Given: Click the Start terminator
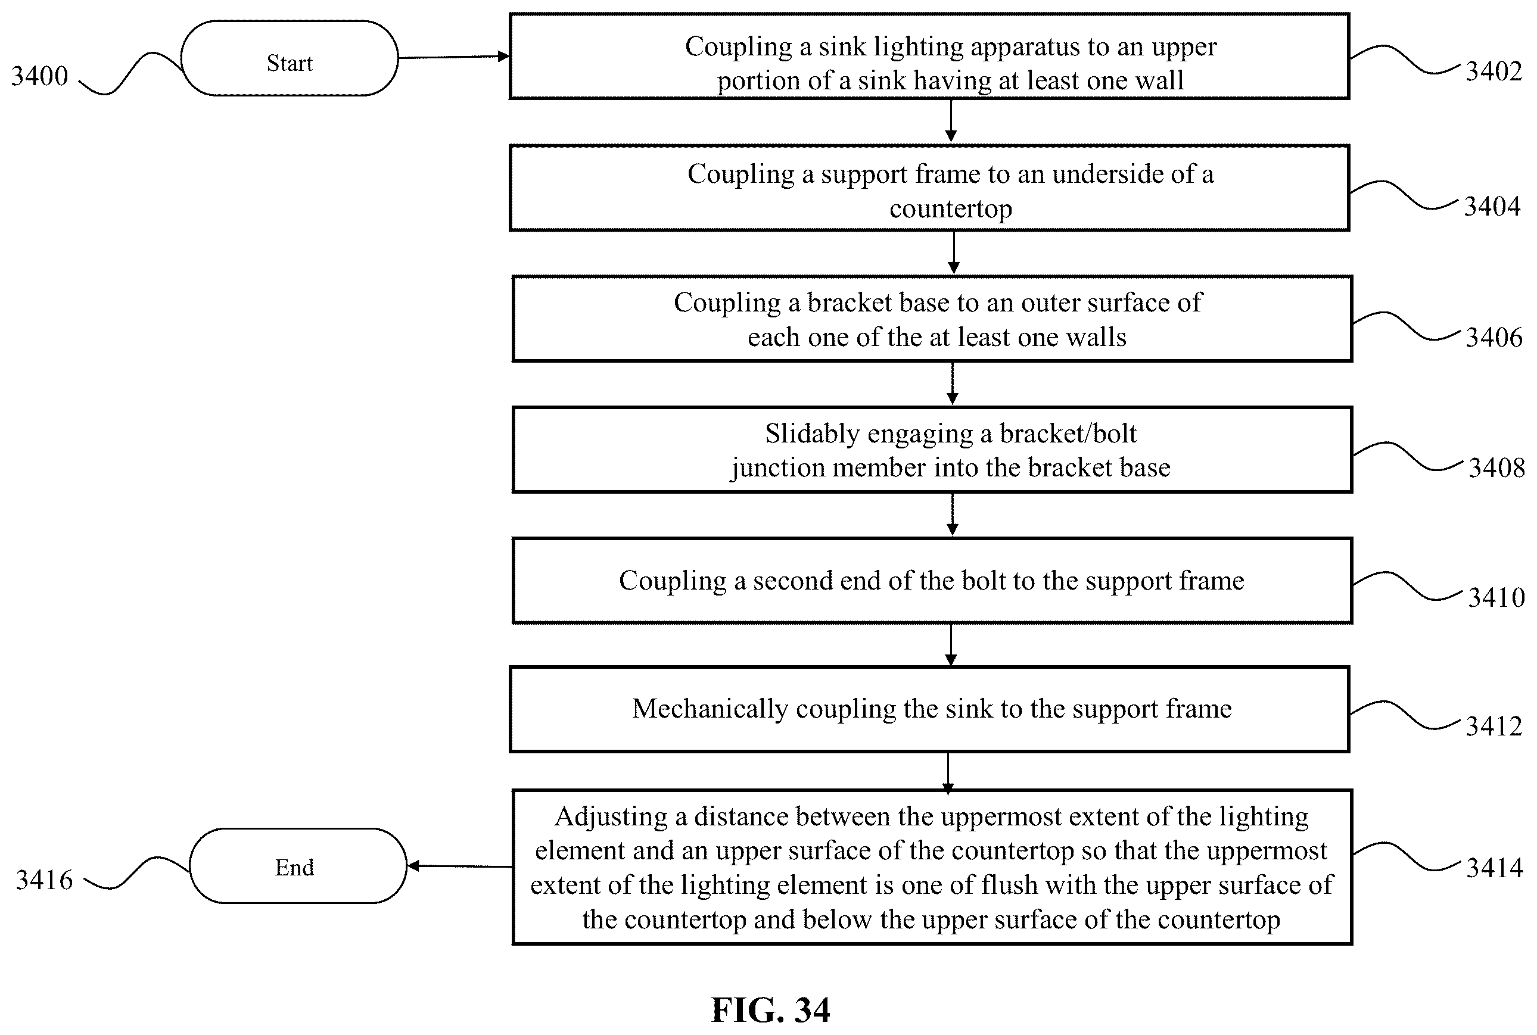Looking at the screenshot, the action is click(289, 58).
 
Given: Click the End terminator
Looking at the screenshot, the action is click(298, 865).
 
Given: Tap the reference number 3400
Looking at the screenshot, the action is click(39, 76).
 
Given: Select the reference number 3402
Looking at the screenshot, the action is click(1494, 71).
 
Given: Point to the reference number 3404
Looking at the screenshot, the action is click(1492, 207).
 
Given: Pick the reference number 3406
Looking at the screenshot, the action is click(1494, 337).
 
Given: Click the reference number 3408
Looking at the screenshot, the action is click(1496, 468).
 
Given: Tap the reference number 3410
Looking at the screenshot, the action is click(1496, 597).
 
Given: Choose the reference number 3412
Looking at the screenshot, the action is click(1494, 726).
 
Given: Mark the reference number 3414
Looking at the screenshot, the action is click(1495, 867).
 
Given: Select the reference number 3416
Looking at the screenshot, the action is click(44, 880).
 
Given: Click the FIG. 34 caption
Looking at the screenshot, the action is click(770, 1009).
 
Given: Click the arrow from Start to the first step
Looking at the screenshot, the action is click(454, 57).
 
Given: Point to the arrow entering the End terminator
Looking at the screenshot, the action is click(459, 866).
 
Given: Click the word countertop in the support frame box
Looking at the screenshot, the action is click(950, 208).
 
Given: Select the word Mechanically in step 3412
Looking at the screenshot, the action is click(710, 709).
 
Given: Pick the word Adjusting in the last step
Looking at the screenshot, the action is click(611, 817).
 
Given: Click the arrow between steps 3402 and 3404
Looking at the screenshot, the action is click(951, 121).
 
